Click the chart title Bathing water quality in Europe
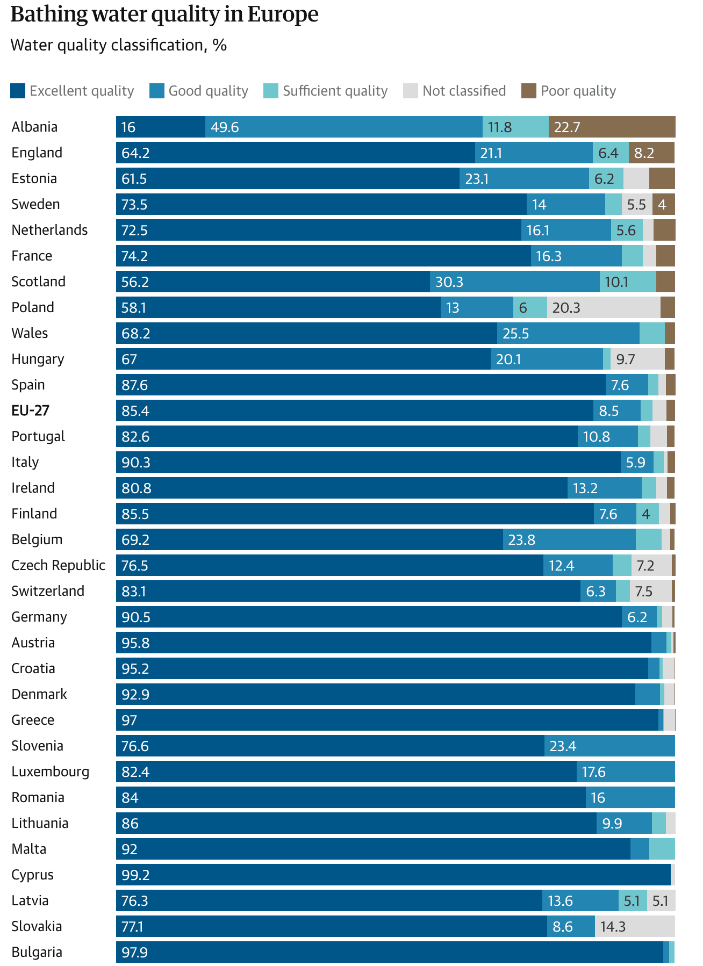[164, 15]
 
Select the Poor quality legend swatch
[529, 91]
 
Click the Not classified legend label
[464, 91]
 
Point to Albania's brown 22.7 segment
[612, 127]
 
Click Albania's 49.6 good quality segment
[343, 127]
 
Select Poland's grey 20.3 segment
[603, 307]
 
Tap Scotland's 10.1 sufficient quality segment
[627, 282]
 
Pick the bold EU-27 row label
[31, 410]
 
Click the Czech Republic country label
[59, 565]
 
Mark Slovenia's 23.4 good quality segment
[609, 746]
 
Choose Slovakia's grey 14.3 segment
[634, 926]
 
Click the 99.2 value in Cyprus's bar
[135, 875]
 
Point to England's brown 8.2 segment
[651, 153]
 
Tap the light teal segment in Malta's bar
[662, 849]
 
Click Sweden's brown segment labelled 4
[663, 204]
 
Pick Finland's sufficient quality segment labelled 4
[647, 514]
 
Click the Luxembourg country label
[51, 772]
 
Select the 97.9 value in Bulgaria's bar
[135, 952]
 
